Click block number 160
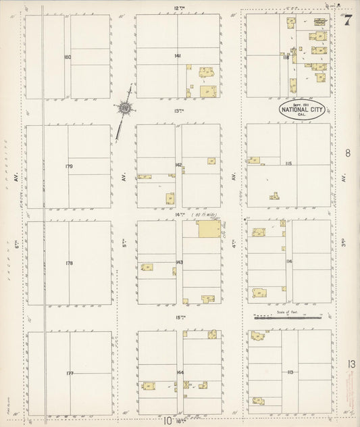click(x=68, y=57)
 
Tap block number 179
click(x=69, y=166)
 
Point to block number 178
click(x=68, y=263)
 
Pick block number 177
click(x=69, y=373)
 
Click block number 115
click(x=289, y=164)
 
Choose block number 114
click(x=289, y=261)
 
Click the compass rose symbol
click(x=126, y=108)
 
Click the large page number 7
click(x=347, y=20)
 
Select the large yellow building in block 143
click(x=207, y=229)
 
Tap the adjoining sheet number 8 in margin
click(x=348, y=154)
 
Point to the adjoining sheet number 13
click(x=351, y=365)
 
